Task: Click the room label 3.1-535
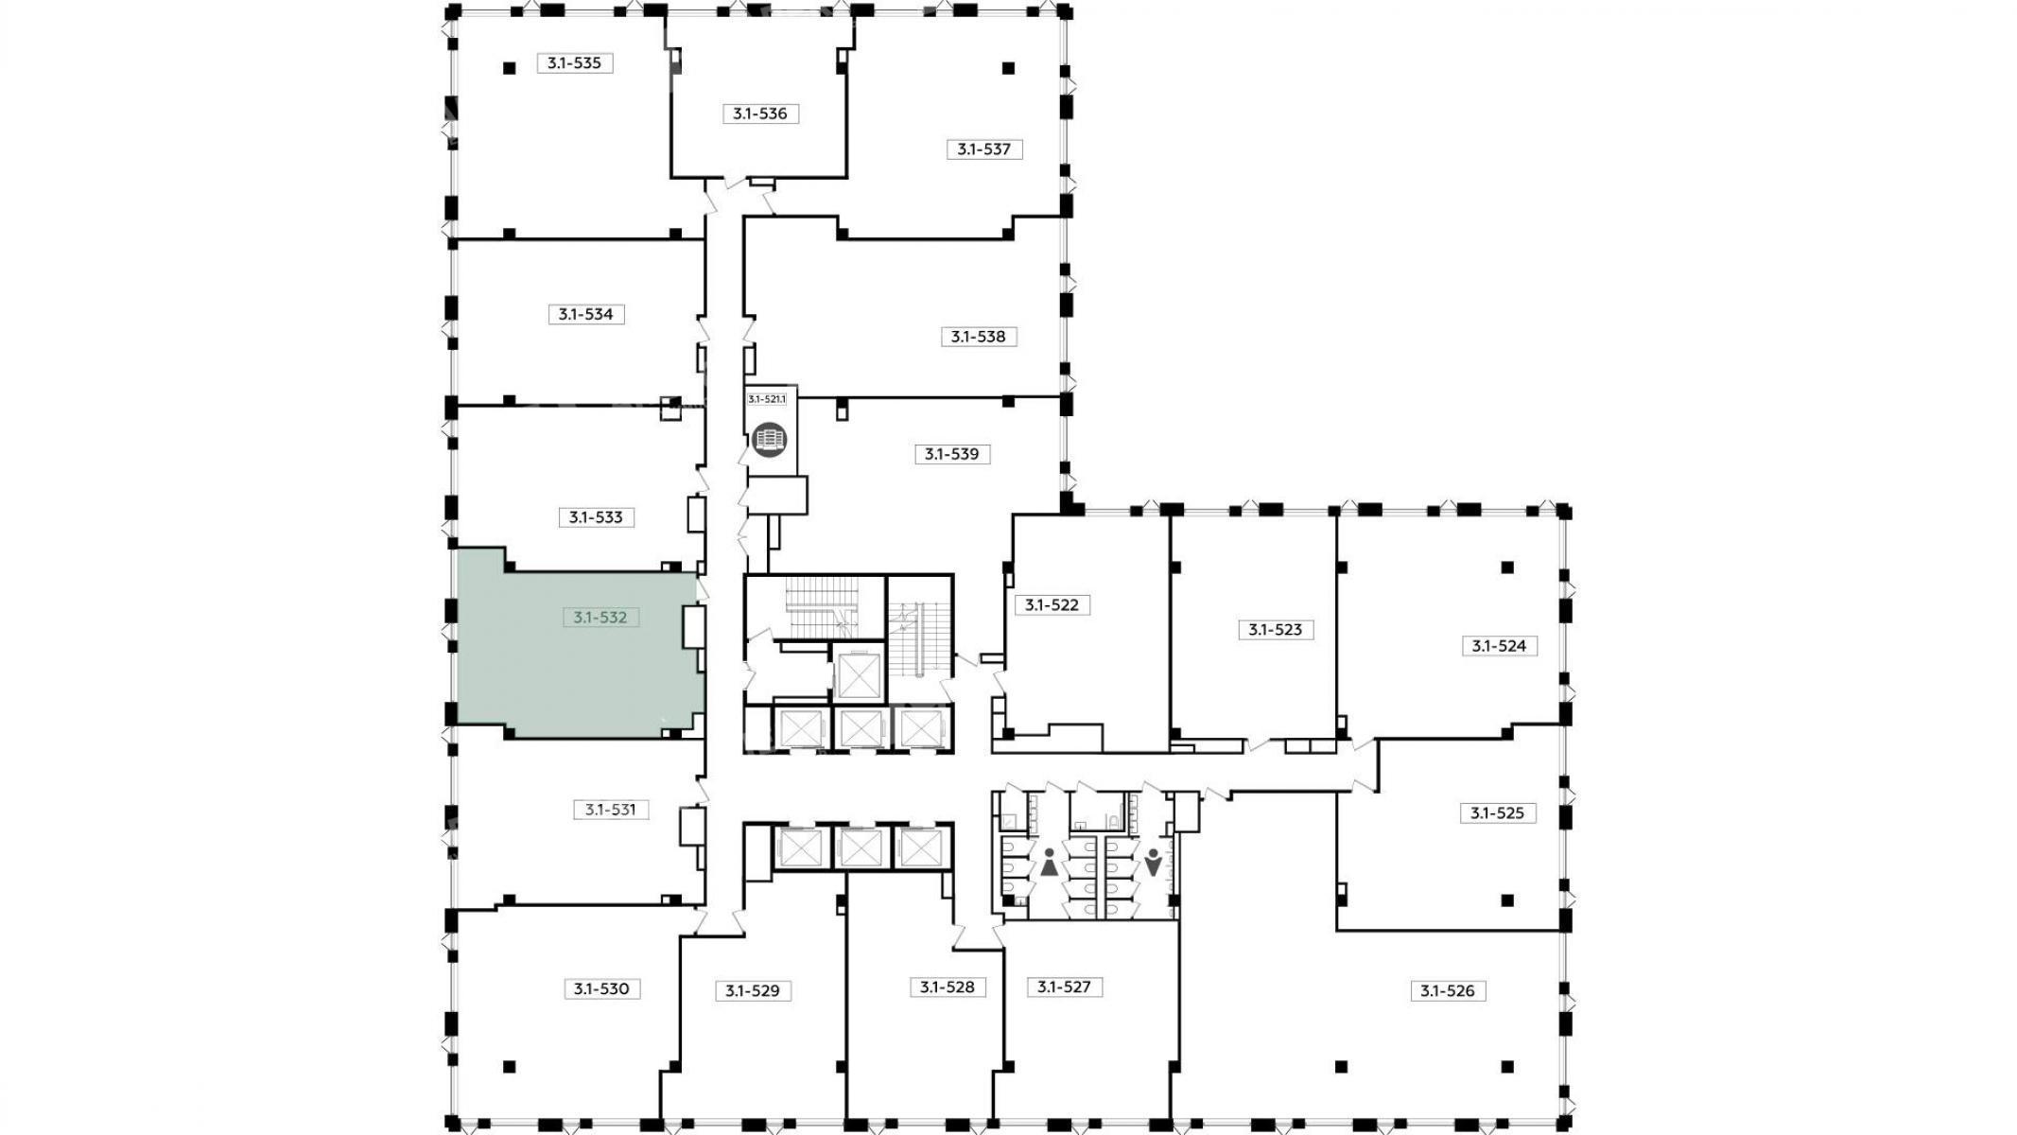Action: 575,63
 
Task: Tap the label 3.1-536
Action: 760,113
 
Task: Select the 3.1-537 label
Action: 984,149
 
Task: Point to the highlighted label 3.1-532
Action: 600,618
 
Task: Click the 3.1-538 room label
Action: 979,337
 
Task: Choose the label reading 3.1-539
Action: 952,454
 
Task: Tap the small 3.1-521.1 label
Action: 767,399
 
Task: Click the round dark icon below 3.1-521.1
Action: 770,440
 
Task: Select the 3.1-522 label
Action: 1052,605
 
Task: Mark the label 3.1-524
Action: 1500,646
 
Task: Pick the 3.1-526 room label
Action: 1448,991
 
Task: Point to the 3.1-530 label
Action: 601,989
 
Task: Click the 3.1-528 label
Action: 948,987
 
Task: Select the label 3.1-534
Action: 586,314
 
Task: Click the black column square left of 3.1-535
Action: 510,68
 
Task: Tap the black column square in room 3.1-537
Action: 1009,68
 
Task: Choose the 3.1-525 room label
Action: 1498,813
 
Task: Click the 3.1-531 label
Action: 611,810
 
